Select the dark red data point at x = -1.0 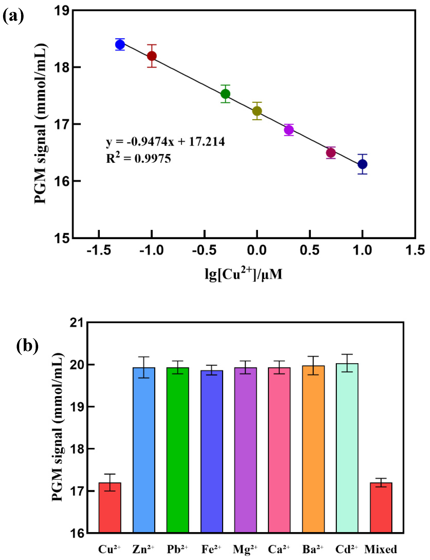(x=152, y=56)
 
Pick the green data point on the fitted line (x=225, y=94)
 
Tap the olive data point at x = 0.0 (x=257, y=111)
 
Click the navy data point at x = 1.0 (x=362, y=164)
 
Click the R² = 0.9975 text (x=138, y=158)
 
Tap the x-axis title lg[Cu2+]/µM (x=243, y=274)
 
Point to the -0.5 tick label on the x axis (x=204, y=250)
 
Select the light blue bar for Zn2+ (x=144, y=450)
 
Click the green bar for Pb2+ (x=178, y=450)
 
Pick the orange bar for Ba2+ (x=313, y=450)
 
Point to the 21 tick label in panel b (x=77, y=323)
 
